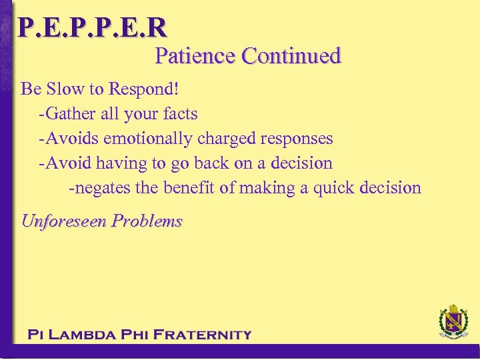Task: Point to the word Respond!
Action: tap(147, 89)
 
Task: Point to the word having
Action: tap(118, 163)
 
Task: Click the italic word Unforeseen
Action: tap(64, 221)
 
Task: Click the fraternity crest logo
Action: tap(453, 323)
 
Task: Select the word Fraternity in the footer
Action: tap(203, 335)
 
